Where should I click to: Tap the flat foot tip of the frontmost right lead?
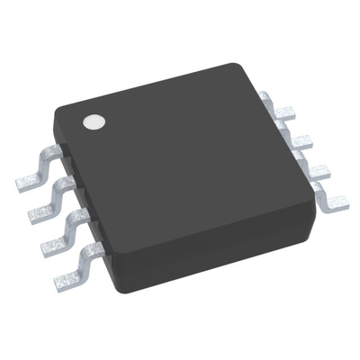tap(338, 203)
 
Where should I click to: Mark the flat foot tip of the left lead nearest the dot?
tap(27, 184)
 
